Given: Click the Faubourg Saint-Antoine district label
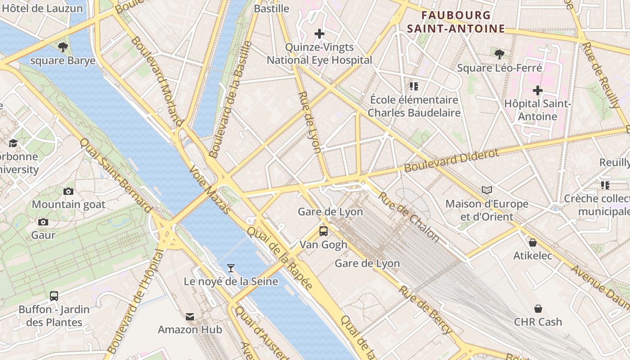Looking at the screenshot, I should point(456,22).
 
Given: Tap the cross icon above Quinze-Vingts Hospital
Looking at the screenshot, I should point(319,34).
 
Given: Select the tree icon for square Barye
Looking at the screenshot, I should point(63,47).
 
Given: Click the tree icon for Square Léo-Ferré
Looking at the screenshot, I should point(499,54).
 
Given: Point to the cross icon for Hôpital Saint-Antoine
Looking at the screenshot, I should point(537,90).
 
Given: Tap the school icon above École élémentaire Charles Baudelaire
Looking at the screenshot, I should point(414,86).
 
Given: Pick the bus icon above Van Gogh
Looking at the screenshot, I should point(323,231).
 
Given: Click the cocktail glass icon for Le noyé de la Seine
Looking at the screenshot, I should point(230,268).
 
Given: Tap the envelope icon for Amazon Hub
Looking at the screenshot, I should point(190,317).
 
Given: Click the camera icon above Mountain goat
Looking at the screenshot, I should point(68,191).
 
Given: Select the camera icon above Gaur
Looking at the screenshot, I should point(43,222).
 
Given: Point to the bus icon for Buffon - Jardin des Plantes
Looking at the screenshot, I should point(54,296).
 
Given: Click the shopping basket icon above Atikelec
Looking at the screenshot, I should point(533,243).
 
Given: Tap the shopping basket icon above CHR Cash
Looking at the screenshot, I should point(538,309).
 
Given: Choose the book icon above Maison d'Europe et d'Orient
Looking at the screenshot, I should point(486,190).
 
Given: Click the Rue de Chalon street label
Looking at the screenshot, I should point(408,216).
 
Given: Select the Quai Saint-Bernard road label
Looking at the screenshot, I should point(116,175).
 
